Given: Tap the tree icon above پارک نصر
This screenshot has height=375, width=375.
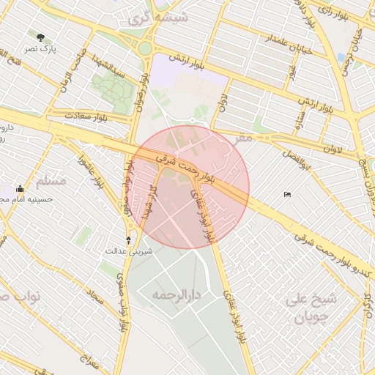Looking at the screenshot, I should click(40, 37).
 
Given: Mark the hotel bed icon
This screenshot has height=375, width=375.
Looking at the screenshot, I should click(287, 194).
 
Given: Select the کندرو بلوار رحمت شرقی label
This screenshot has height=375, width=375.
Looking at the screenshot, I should click(323, 249).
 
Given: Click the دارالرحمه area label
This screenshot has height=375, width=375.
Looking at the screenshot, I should click(176, 294).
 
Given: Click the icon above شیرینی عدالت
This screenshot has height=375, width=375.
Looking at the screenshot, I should click(129, 240).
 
